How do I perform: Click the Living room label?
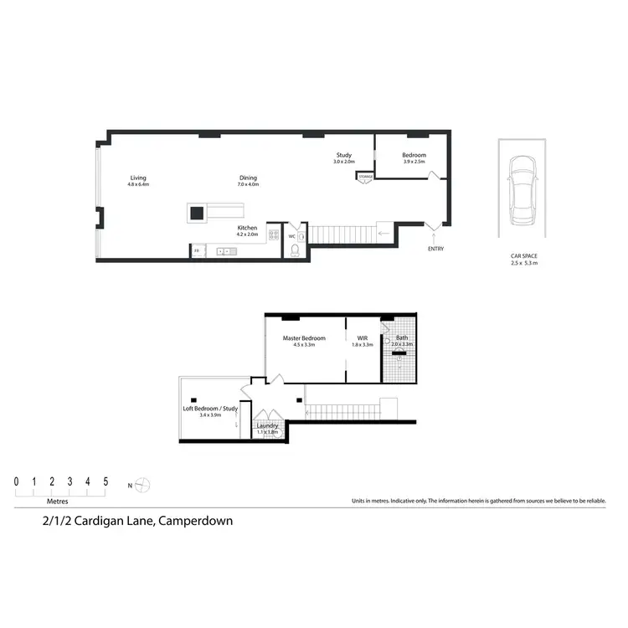click(138, 178)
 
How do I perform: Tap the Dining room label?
click(248, 178)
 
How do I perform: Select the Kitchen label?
click(247, 228)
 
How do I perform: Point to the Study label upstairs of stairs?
click(344, 155)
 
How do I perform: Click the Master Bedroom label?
click(304, 338)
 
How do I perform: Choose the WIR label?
click(363, 338)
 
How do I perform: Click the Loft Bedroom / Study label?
click(209, 409)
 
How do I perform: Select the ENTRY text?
click(436, 249)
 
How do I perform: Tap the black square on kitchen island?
click(197, 213)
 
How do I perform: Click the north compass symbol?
click(144, 484)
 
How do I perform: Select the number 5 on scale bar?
click(106, 481)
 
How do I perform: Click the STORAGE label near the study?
click(365, 177)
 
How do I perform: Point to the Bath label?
click(402, 338)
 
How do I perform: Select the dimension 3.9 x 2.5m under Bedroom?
click(414, 162)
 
